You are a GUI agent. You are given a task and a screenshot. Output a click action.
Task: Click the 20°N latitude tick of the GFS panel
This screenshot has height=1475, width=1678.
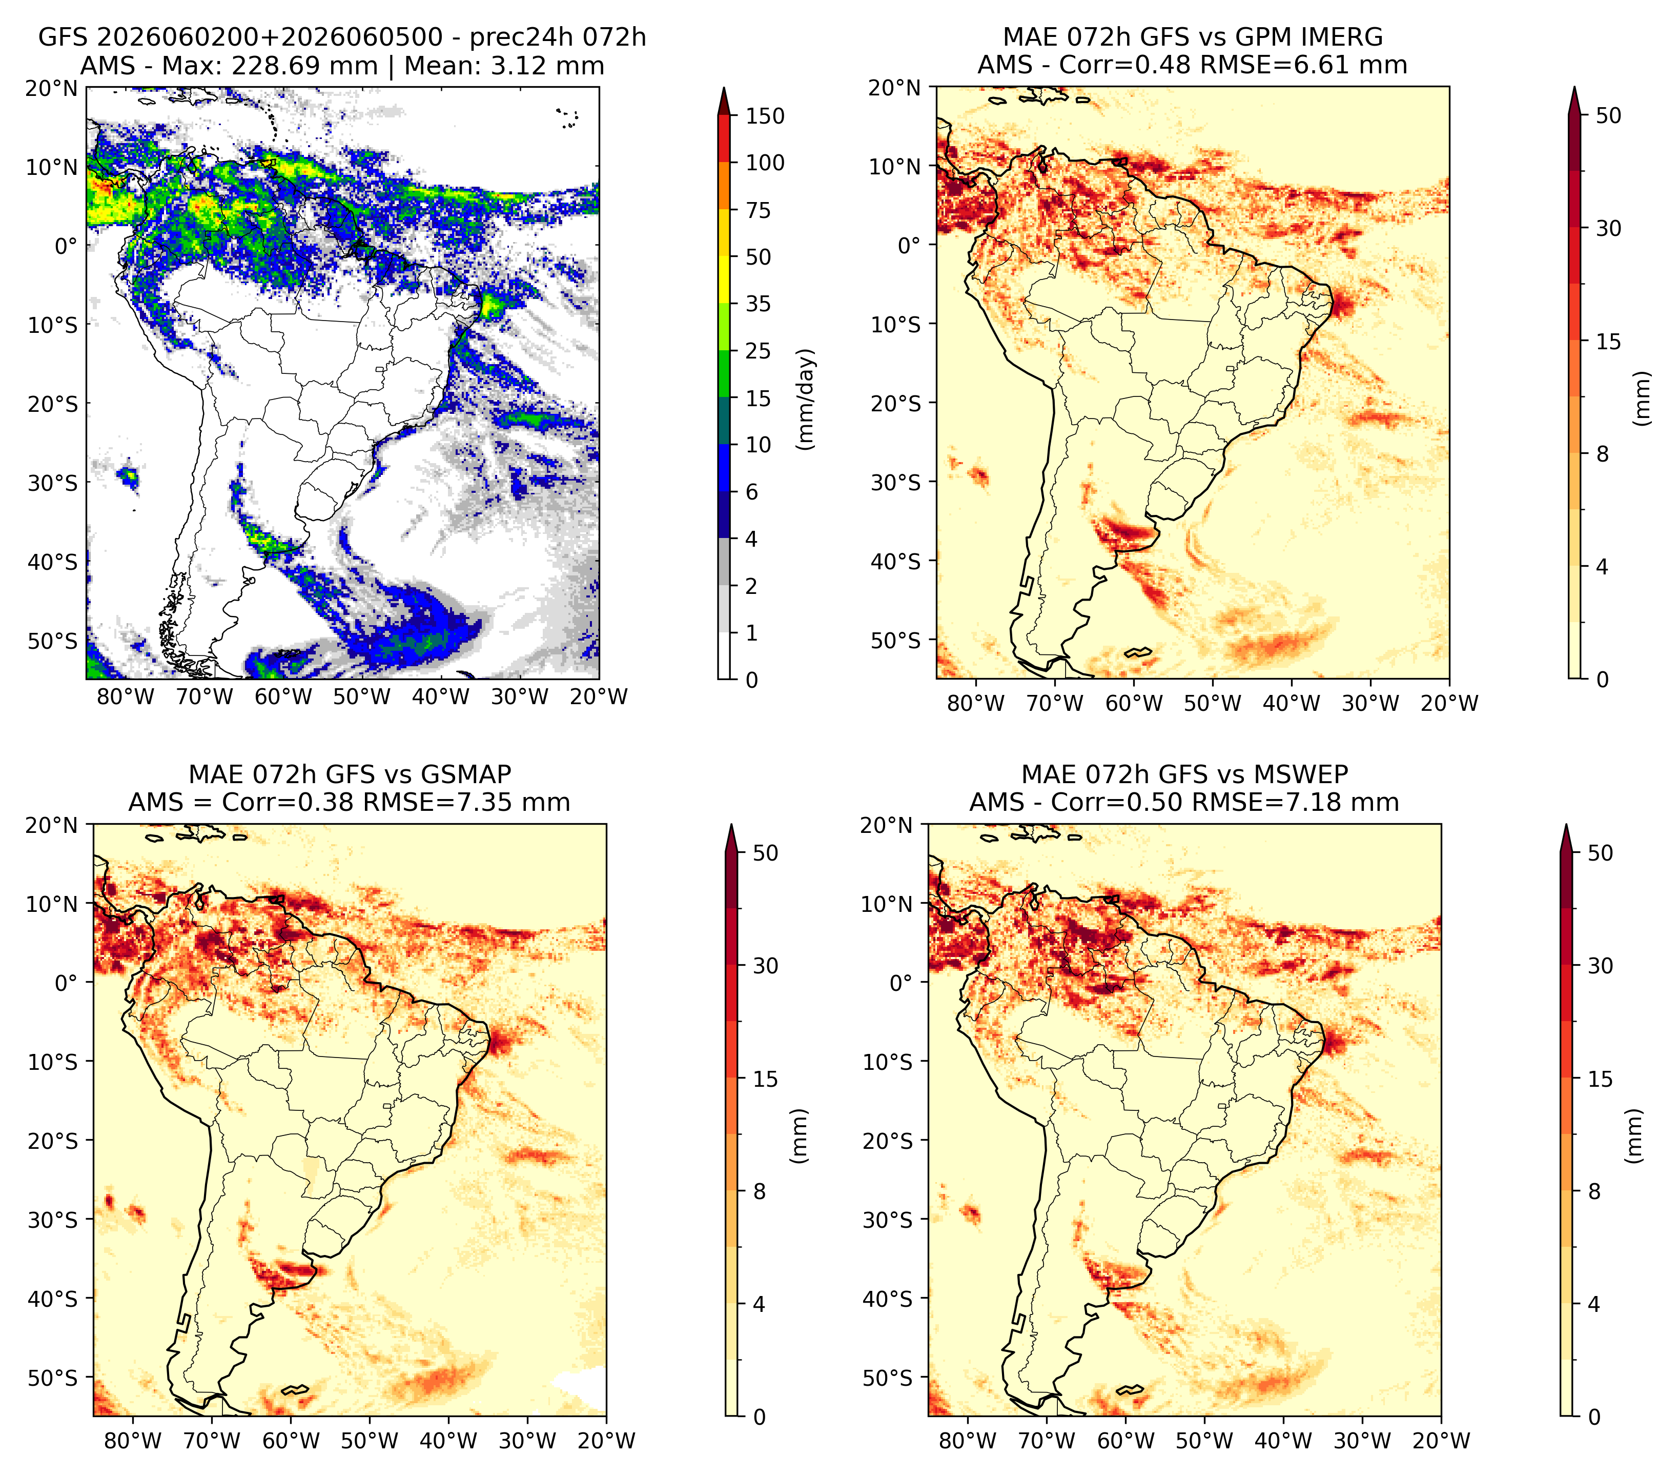(51, 88)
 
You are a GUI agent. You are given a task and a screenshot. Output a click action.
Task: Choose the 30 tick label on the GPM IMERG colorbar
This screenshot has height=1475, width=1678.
(1608, 228)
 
